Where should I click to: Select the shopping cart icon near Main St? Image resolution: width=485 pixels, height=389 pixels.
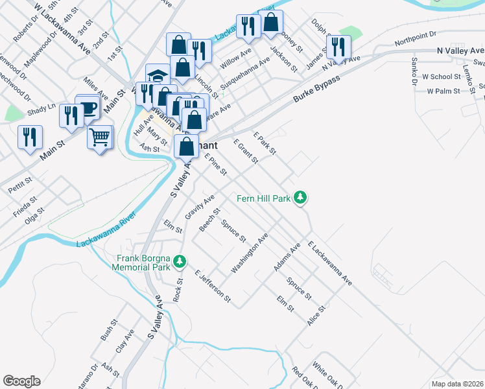99,137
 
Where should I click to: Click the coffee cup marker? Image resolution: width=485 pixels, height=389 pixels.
88,108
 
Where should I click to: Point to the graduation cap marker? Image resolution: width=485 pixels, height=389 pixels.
158,76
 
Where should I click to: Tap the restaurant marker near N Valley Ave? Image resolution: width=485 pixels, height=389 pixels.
338,47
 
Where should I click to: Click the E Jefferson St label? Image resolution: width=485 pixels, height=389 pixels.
213,286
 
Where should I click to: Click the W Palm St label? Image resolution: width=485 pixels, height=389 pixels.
443,91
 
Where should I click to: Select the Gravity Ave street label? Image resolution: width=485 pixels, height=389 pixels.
200,207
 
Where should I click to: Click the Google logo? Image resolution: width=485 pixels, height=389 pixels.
21,381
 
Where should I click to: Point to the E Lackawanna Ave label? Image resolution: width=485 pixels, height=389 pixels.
330,264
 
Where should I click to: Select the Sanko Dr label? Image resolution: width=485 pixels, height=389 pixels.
414,71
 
